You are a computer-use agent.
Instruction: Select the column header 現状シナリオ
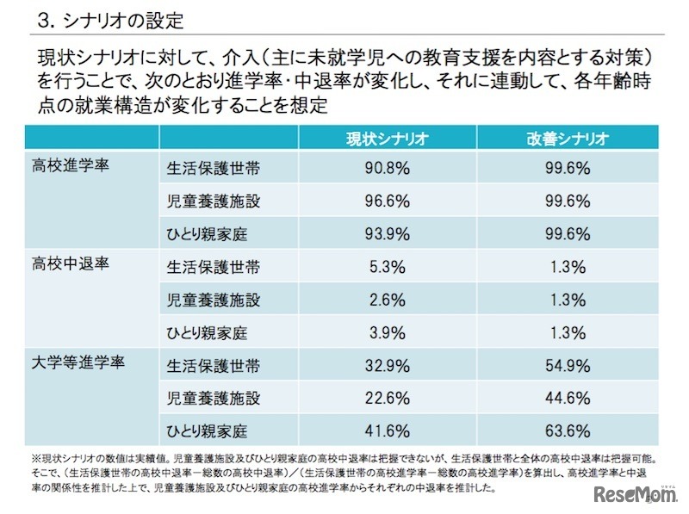pyautogui.click(x=382, y=138)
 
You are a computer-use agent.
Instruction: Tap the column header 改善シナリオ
pyautogui.click(x=568, y=138)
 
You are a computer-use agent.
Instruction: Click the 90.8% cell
pyautogui.click(x=382, y=168)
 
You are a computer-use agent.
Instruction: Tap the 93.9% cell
pyautogui.click(x=382, y=233)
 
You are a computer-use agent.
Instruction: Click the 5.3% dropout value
pyautogui.click(x=382, y=266)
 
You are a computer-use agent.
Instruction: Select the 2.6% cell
pyautogui.click(x=382, y=299)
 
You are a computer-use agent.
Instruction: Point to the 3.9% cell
pyautogui.click(x=382, y=331)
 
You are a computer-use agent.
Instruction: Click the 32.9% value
pyautogui.click(x=382, y=364)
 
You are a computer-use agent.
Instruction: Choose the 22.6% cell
pyautogui.click(x=382, y=397)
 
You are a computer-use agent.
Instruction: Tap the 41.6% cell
pyautogui.click(x=382, y=430)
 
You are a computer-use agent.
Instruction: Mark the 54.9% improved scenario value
pyautogui.click(x=568, y=364)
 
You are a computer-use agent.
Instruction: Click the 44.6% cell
pyautogui.click(x=568, y=397)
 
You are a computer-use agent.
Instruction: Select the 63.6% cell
pyautogui.click(x=568, y=430)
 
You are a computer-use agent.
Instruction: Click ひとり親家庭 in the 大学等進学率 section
pyautogui.click(x=207, y=430)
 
